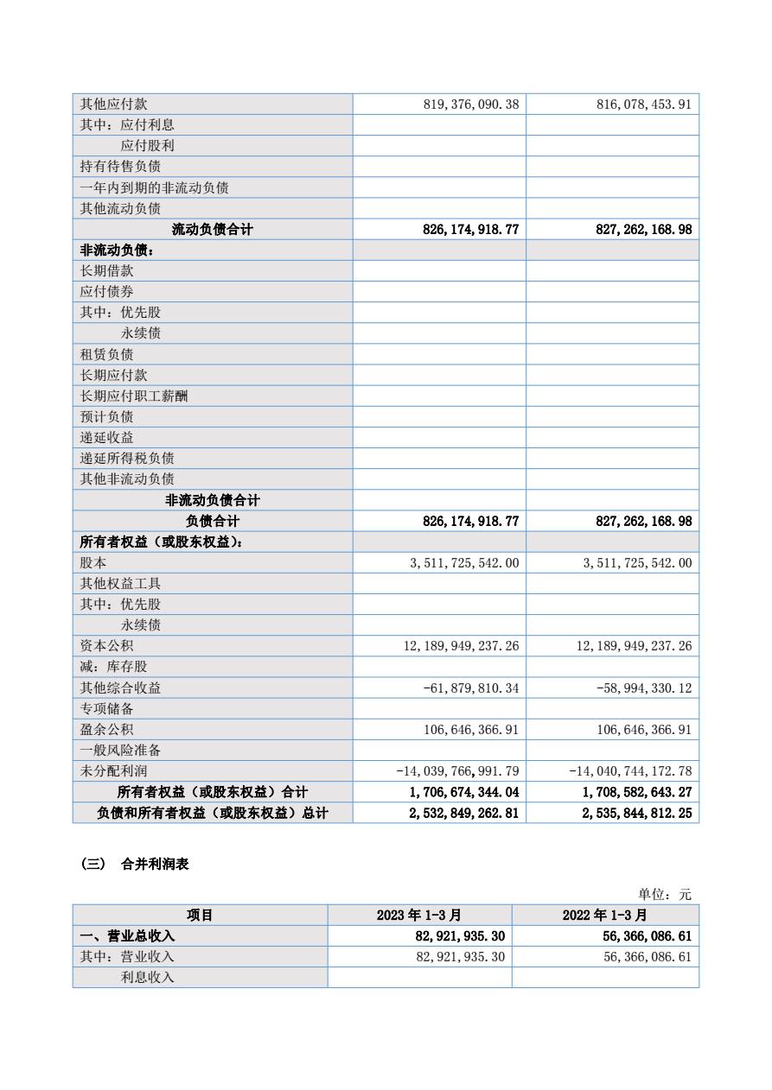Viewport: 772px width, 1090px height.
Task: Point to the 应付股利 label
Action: (x=147, y=146)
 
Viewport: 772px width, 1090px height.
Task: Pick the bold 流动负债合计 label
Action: (x=212, y=230)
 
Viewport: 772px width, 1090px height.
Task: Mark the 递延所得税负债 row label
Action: (x=127, y=459)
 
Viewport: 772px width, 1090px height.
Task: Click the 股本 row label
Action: (x=93, y=563)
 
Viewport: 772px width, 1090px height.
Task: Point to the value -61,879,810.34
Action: (x=471, y=688)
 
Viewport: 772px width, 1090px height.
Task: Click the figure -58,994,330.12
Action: (x=644, y=688)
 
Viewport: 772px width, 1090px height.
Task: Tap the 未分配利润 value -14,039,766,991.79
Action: (x=457, y=771)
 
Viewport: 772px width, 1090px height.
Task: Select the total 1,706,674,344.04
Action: (x=464, y=792)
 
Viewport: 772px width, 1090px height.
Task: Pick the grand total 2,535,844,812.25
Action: (x=637, y=813)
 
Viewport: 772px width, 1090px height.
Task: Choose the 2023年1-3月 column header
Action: (x=419, y=916)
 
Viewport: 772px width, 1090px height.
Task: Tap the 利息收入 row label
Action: (x=147, y=978)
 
